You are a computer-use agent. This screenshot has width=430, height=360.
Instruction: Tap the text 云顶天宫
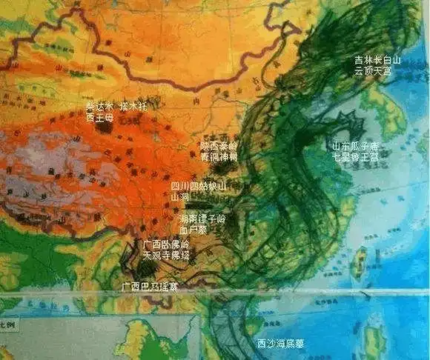pos(377,71)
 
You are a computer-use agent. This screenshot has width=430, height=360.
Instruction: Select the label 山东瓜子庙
pos(354,147)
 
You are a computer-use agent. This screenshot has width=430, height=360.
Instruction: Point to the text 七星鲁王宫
pos(354,157)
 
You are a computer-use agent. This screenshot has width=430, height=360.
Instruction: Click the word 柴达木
pos(99,106)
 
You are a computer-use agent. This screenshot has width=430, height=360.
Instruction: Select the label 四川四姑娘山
pos(199,187)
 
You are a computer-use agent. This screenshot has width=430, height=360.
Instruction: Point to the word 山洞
pos(180,197)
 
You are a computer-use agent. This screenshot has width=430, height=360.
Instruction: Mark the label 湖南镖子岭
pos(203,220)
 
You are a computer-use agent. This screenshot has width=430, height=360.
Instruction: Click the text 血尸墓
pos(194,230)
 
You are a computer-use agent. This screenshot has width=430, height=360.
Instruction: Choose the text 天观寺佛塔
pos(166,255)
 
